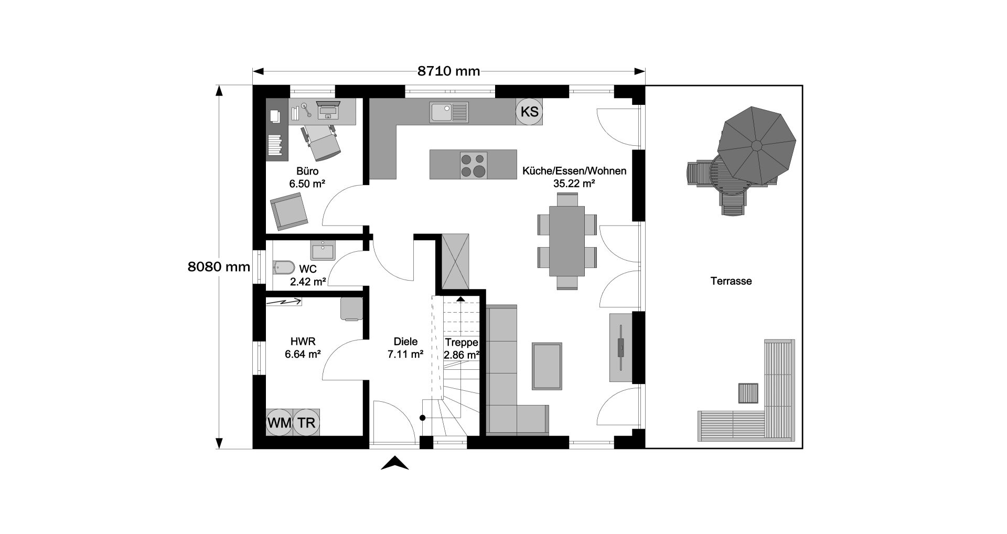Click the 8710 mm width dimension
point(448,71)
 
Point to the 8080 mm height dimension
point(219,266)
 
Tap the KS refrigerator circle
point(529,111)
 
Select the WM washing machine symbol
point(279,422)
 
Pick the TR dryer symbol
point(306,422)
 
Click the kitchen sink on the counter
point(449,112)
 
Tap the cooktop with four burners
point(474,165)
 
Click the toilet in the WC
point(283,268)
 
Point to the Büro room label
point(307,172)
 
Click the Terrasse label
point(731,281)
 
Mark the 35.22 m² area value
point(574,184)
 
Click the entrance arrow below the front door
point(394,463)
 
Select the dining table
point(567,241)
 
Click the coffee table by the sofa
point(547,366)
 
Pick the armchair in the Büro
point(288,211)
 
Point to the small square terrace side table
point(748,393)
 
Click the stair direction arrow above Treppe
point(460,298)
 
